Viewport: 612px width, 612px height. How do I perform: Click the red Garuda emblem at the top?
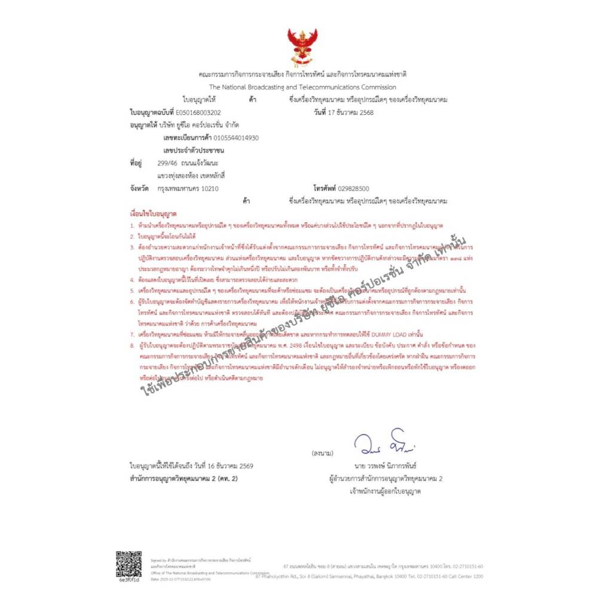click(302, 46)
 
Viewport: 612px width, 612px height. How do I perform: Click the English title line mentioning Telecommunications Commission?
click(302, 87)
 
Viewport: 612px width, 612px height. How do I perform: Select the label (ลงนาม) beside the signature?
click(323, 454)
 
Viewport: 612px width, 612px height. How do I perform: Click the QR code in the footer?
click(129, 564)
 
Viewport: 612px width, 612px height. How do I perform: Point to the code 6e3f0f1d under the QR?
click(129, 580)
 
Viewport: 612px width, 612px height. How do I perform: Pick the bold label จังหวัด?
click(139, 189)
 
